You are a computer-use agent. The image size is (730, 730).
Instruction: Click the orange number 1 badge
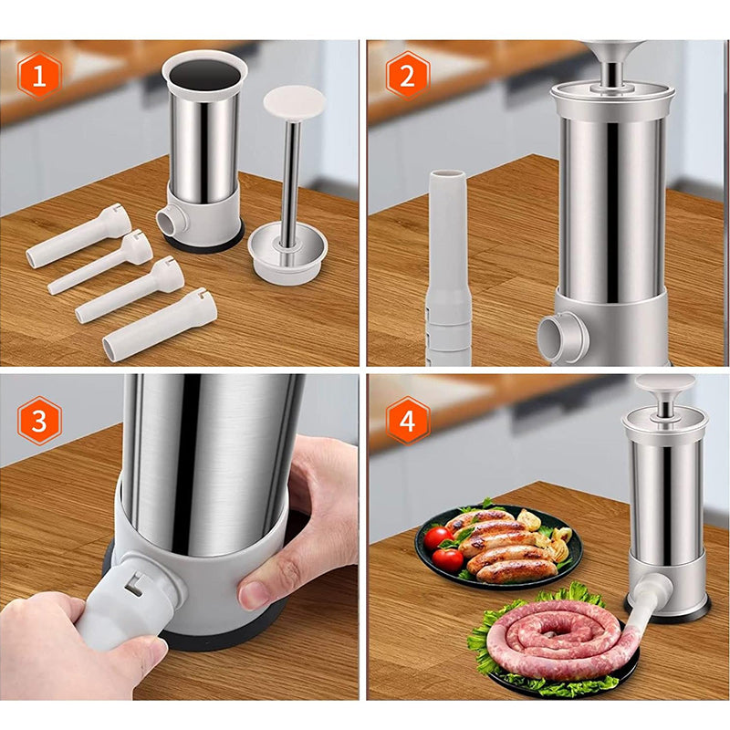tap(39, 76)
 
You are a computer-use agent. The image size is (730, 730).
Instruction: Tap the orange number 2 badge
tap(407, 76)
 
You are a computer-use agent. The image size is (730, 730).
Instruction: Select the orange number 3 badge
tap(39, 421)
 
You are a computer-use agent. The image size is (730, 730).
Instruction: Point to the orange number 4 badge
tap(407, 421)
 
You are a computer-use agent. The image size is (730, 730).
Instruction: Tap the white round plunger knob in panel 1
tap(294, 103)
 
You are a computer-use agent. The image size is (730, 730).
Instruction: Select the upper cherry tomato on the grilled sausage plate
tap(438, 537)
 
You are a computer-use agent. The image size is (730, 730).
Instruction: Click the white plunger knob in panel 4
tap(665, 383)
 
